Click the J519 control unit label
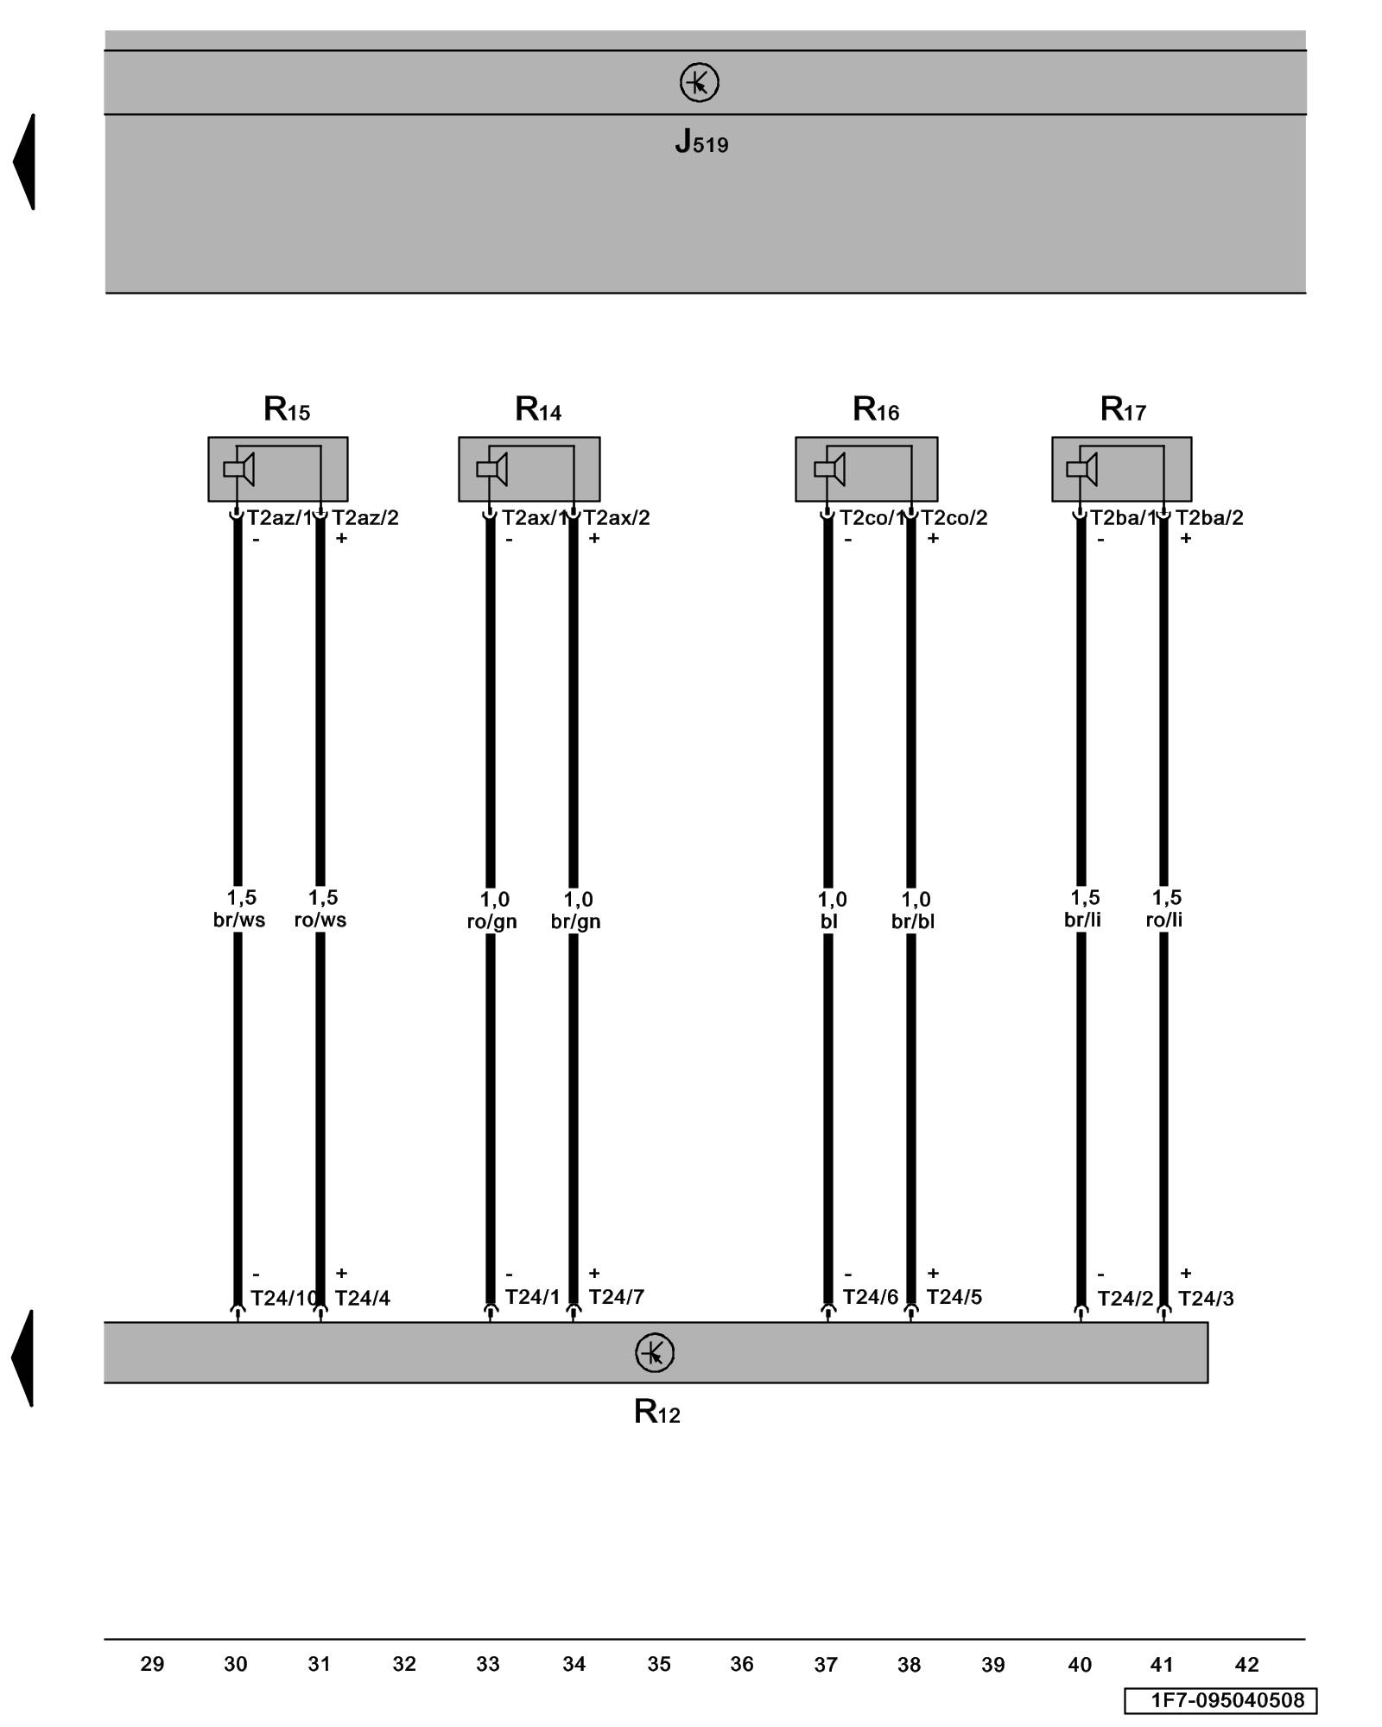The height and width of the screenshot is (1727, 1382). point(701,142)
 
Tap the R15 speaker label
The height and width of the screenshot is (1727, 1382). point(286,408)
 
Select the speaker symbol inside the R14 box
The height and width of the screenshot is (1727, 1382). point(491,469)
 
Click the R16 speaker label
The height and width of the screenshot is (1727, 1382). point(875,408)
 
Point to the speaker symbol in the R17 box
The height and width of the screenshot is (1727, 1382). point(1081,469)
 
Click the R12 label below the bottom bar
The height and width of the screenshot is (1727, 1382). point(656,1412)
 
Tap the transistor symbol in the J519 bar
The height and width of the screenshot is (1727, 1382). point(699,83)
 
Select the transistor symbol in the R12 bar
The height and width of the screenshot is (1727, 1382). point(654,1353)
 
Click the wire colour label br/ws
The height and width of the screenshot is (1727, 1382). point(239,920)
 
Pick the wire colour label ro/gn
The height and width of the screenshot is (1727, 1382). point(491,922)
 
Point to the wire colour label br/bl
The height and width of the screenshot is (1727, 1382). point(913,922)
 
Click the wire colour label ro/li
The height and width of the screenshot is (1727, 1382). point(1163,920)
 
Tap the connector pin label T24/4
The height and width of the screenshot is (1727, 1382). point(362,1299)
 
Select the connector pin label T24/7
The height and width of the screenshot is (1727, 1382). point(616,1297)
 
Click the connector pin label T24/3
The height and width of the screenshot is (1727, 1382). point(1206,1299)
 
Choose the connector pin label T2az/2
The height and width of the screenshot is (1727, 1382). point(365,518)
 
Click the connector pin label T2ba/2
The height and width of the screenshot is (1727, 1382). point(1209,518)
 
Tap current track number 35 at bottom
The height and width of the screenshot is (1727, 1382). point(659,1664)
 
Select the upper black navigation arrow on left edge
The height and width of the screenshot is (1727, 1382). point(25,161)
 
